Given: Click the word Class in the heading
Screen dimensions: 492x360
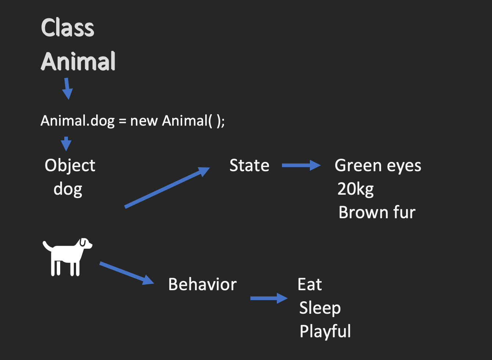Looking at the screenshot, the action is click(x=68, y=28).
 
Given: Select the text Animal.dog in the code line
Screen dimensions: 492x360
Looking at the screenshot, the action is click(x=77, y=121).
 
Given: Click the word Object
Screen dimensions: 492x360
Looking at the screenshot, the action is click(x=70, y=166).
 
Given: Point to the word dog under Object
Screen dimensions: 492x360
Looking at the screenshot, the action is click(x=68, y=190).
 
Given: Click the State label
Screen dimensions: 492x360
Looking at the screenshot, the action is click(x=249, y=166).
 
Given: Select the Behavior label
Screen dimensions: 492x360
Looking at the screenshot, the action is click(x=202, y=284).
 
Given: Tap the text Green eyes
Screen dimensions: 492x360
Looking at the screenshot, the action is click(x=378, y=166).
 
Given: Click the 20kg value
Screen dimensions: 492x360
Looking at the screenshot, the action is click(x=355, y=189).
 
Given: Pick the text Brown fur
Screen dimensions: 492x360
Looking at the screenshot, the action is click(x=377, y=212).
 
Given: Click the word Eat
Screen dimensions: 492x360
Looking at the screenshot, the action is click(x=310, y=284).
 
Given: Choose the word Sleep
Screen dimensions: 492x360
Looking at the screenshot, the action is click(x=320, y=308).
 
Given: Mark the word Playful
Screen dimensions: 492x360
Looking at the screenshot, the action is click(x=325, y=331).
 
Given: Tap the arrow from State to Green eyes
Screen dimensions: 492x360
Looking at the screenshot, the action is click(x=301, y=166).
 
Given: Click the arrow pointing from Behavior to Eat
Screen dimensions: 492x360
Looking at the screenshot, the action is click(x=269, y=298).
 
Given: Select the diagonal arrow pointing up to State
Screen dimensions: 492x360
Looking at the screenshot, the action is click(x=167, y=187).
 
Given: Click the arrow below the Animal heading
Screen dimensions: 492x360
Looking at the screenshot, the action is click(x=67, y=89).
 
